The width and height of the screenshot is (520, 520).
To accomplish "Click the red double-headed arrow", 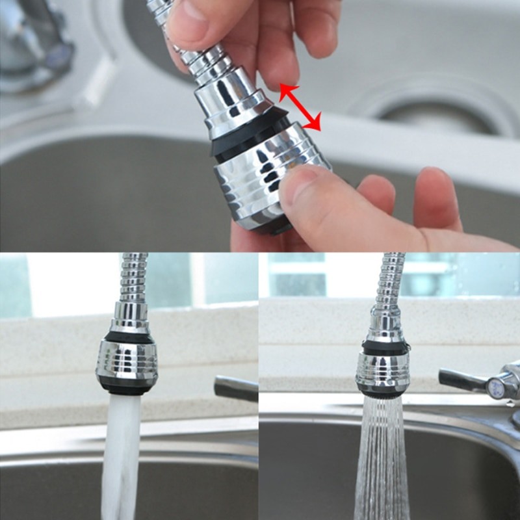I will coord(300,108).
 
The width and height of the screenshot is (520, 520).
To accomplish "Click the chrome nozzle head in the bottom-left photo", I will coord(127,364).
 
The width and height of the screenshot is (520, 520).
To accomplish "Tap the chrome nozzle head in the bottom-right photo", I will coord(383,370).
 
